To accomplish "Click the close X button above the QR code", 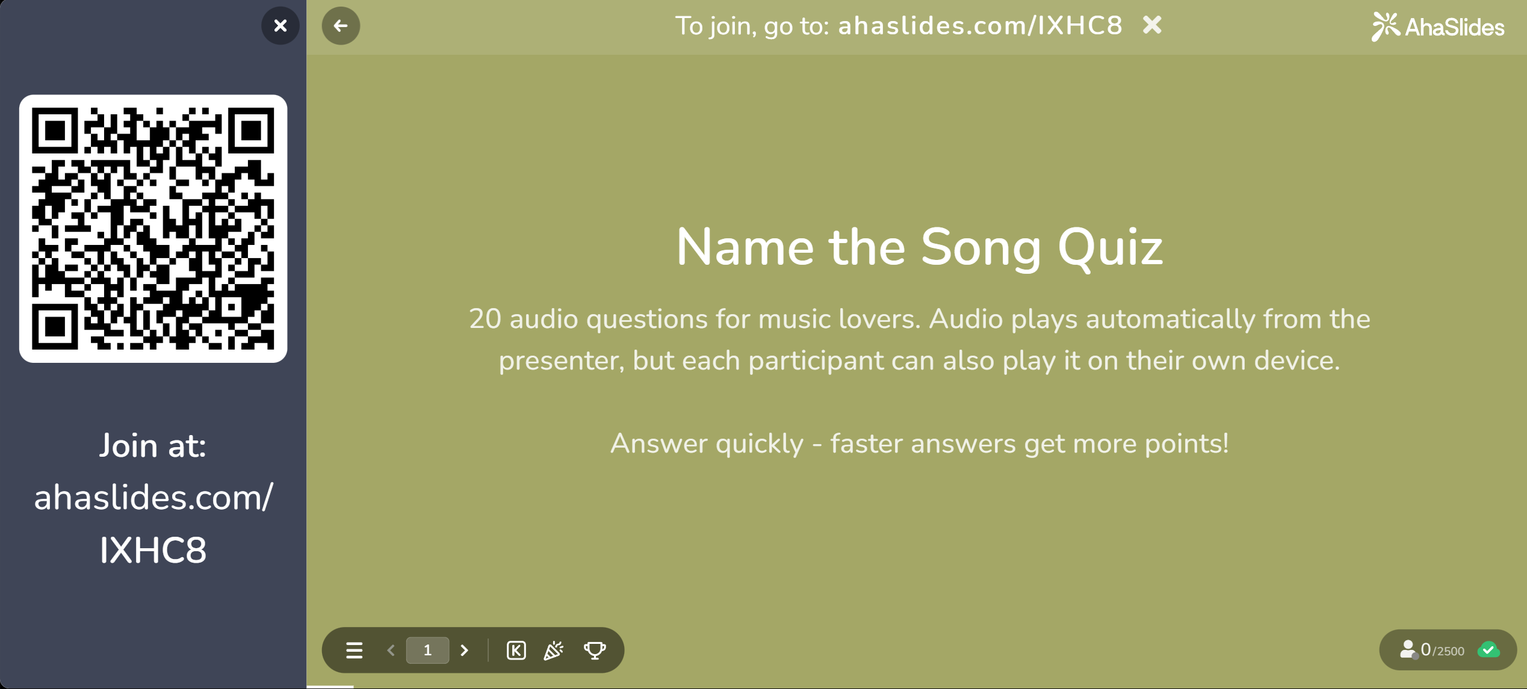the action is pyautogui.click(x=280, y=26).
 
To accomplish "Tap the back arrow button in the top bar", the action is pyautogui.click(x=341, y=26).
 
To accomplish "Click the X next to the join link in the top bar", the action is pyautogui.click(x=1152, y=25).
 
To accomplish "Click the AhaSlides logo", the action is pyautogui.click(x=1437, y=27).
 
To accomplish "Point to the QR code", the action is pyautogui.click(x=153, y=229).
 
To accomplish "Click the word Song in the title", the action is pyautogui.click(x=980, y=249).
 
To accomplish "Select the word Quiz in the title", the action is pyautogui.click(x=1110, y=249).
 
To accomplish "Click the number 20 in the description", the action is pyautogui.click(x=485, y=319).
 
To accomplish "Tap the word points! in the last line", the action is pyautogui.click(x=1186, y=444).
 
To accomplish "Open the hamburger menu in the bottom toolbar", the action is pyautogui.click(x=354, y=650).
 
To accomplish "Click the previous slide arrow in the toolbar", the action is pyautogui.click(x=391, y=650).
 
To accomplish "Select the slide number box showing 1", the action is pyautogui.click(x=427, y=650).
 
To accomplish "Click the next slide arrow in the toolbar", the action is pyautogui.click(x=464, y=650).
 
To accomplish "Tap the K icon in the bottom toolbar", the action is pyautogui.click(x=516, y=650).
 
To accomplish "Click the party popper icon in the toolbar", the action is pyautogui.click(x=554, y=650).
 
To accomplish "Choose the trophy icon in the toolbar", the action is pyautogui.click(x=595, y=650).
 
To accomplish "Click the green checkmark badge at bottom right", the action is pyautogui.click(x=1489, y=650).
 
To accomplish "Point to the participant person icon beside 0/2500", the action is pyautogui.click(x=1408, y=650).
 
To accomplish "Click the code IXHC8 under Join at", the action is pyautogui.click(x=153, y=550).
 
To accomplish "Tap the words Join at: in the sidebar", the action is pyautogui.click(x=153, y=446).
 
